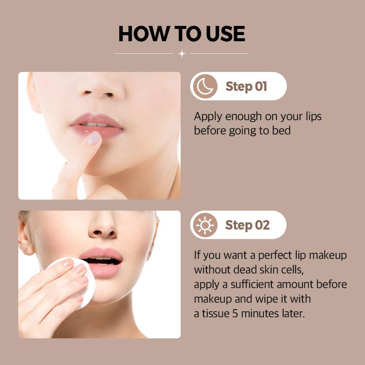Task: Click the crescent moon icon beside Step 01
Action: (x=205, y=86)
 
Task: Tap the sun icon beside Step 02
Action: (x=204, y=225)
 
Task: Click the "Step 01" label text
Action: (x=246, y=87)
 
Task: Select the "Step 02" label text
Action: (x=247, y=225)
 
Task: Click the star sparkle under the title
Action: (x=181, y=54)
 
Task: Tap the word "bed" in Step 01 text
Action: (x=281, y=131)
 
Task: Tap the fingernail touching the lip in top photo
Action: (x=93, y=138)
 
